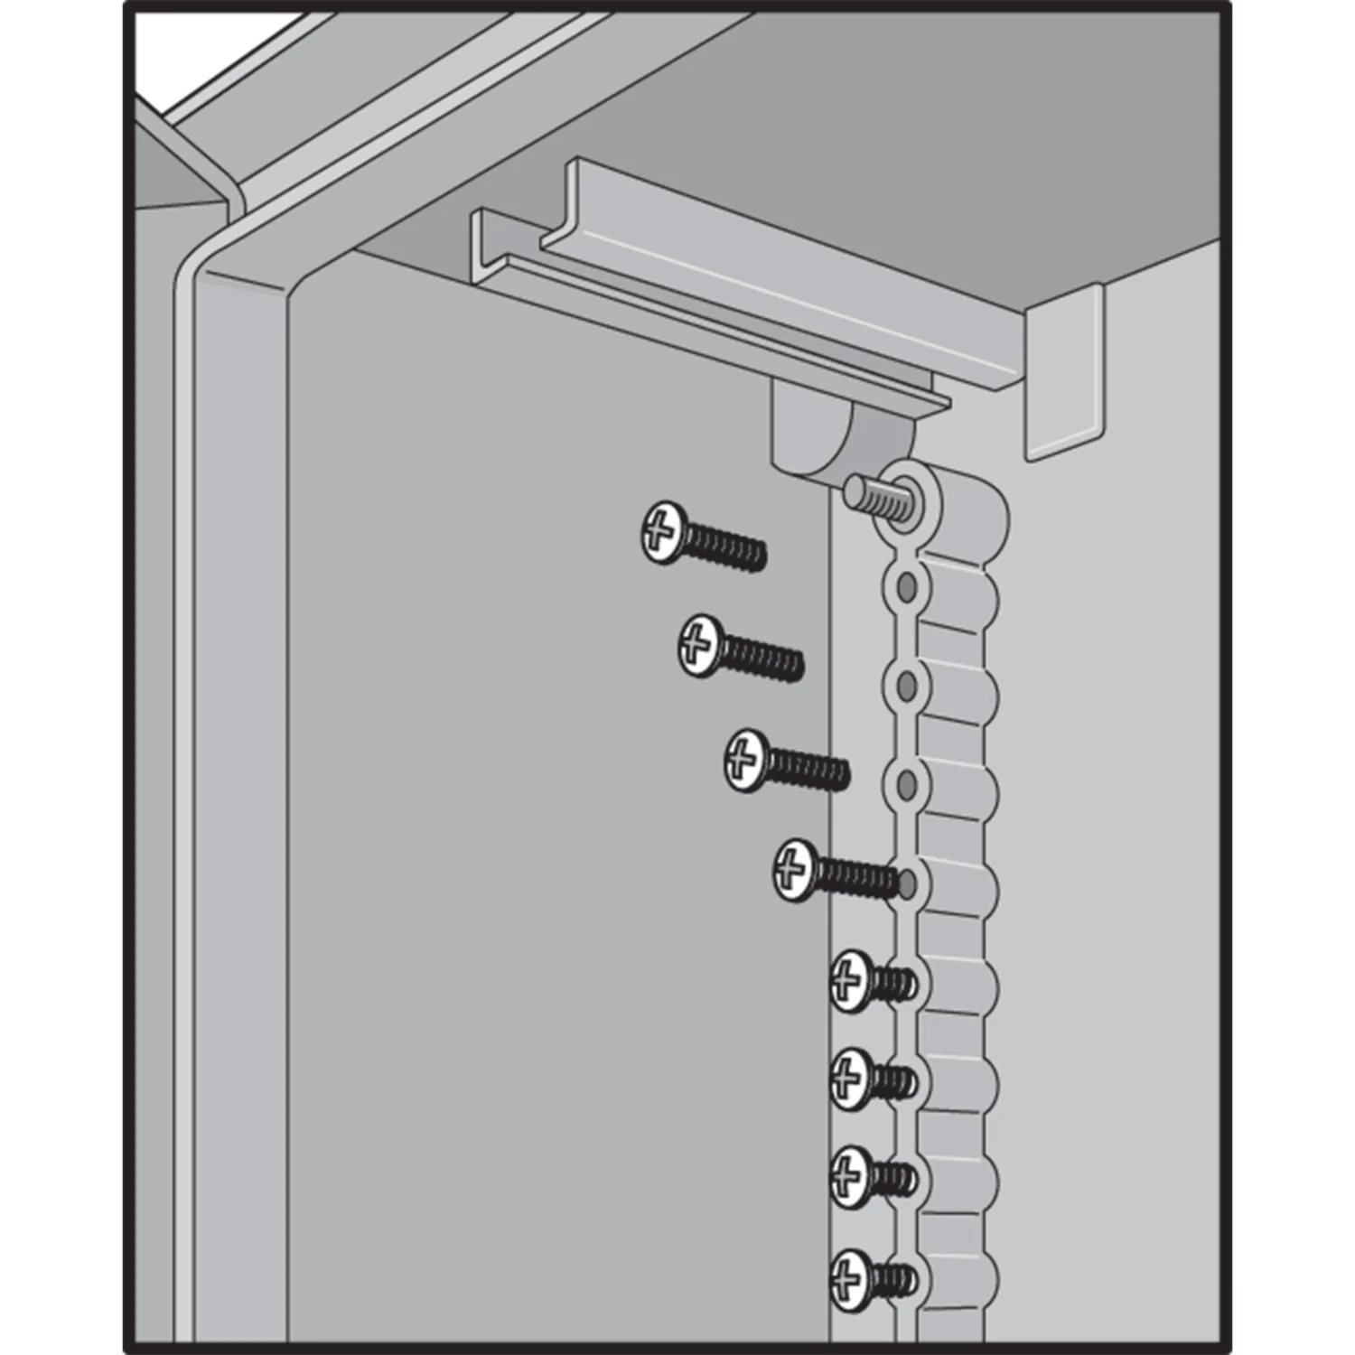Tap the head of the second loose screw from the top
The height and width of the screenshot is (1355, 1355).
click(700, 645)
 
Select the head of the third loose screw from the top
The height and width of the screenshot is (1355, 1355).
click(746, 761)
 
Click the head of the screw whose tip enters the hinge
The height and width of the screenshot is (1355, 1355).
click(795, 870)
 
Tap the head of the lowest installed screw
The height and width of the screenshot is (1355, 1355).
click(850, 1279)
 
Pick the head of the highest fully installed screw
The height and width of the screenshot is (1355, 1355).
click(850, 980)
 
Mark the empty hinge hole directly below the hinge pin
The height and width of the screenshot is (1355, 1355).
click(906, 588)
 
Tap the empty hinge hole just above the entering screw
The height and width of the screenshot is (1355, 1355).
click(906, 784)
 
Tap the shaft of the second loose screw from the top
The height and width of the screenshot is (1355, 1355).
click(763, 658)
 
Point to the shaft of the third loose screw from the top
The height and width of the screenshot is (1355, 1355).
click(808, 771)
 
